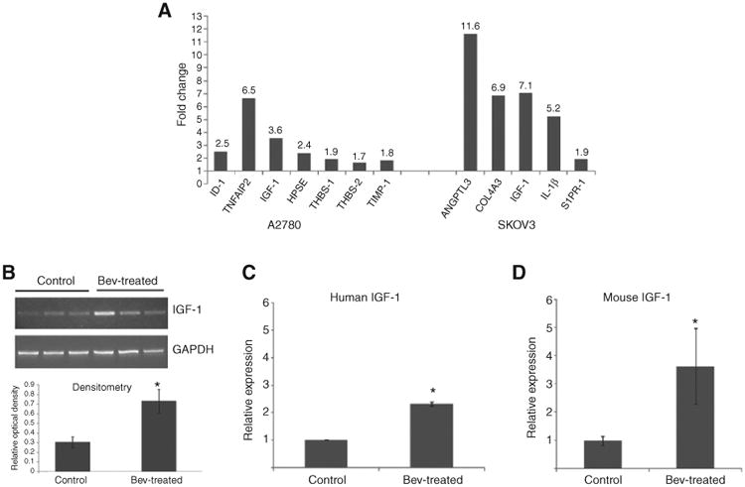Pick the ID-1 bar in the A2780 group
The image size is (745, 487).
[x=221, y=160]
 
